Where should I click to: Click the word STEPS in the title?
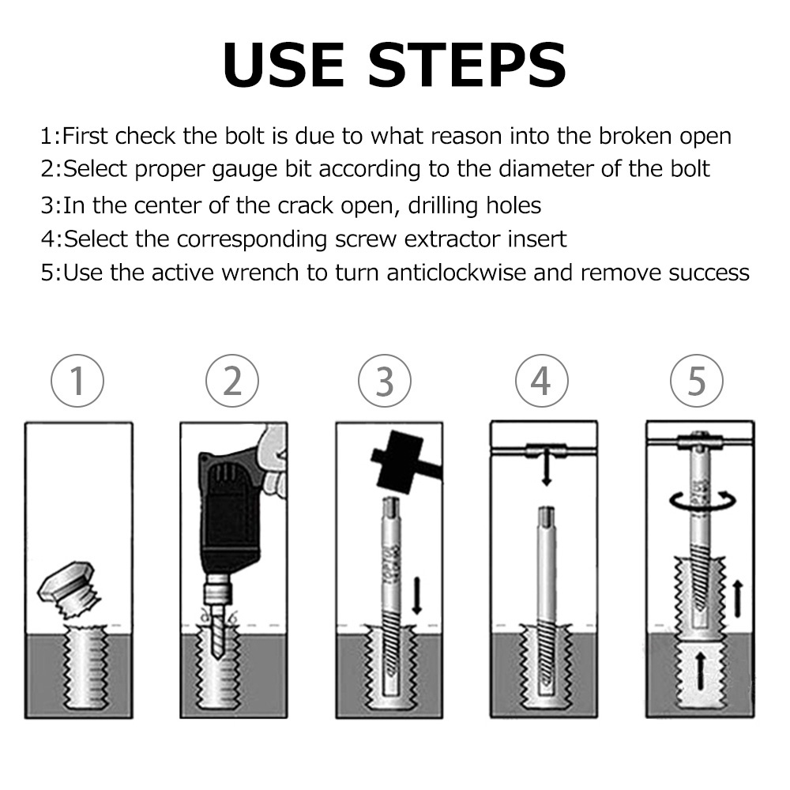click(x=468, y=66)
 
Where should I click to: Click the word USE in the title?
click(x=284, y=66)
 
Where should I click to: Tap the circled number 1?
click(x=77, y=381)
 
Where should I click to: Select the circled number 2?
click(x=232, y=381)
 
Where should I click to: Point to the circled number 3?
click(x=385, y=381)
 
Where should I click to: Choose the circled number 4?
click(x=542, y=381)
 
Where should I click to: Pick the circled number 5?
click(x=697, y=381)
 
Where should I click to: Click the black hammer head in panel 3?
click(x=398, y=457)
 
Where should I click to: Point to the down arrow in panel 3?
click(x=416, y=596)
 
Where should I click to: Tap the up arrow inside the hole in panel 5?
click(x=700, y=671)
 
